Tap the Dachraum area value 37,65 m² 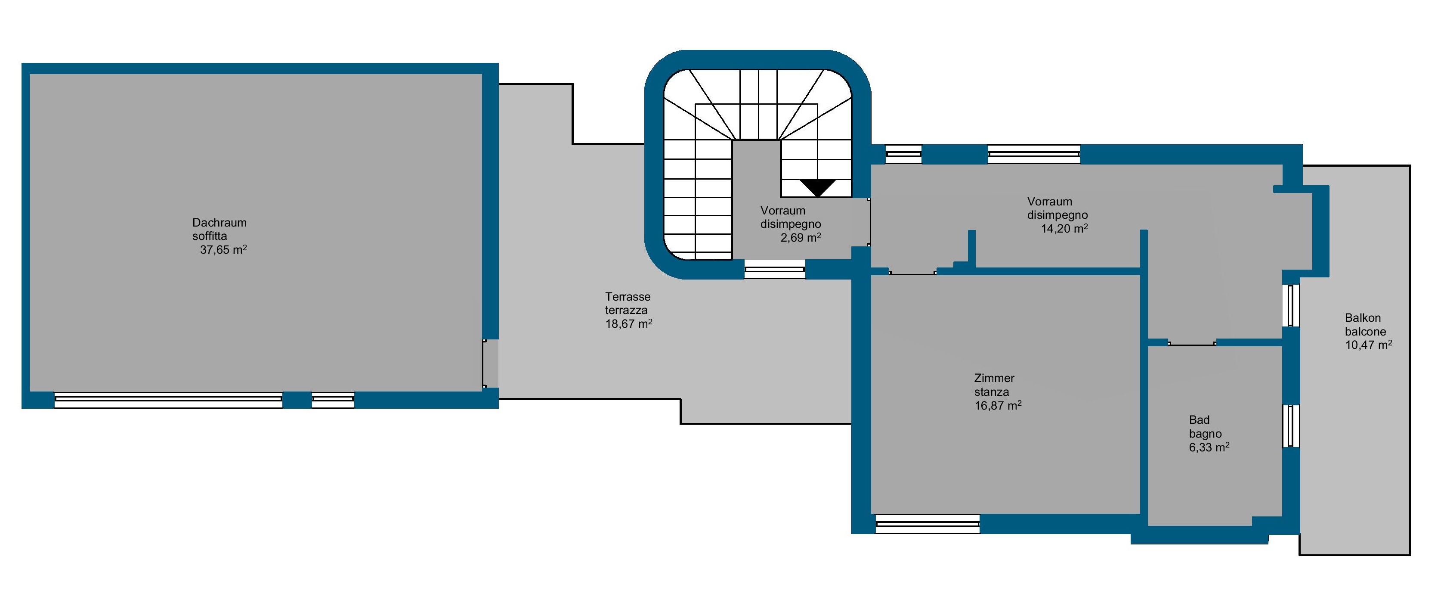click(x=223, y=249)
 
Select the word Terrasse click(x=628, y=296)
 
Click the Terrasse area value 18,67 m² click(x=628, y=324)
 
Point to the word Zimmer click(x=994, y=378)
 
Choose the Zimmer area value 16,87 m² click(x=998, y=405)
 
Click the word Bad click(x=1199, y=420)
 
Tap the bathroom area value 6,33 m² click(x=1209, y=448)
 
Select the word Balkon click(x=1363, y=317)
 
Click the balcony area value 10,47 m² click(x=1368, y=345)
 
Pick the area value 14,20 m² click(x=1064, y=228)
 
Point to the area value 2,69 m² click(x=801, y=237)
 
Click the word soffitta click(x=210, y=236)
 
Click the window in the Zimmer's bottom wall click(x=928, y=524)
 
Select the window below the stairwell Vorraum click(x=775, y=269)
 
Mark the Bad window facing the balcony click(x=1291, y=426)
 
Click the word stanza click(x=992, y=392)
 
